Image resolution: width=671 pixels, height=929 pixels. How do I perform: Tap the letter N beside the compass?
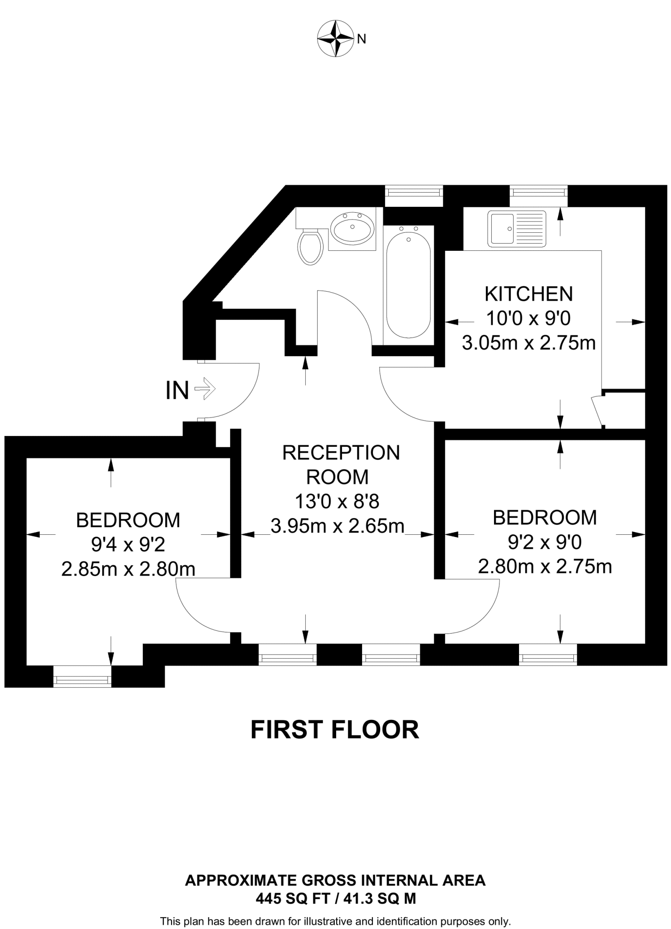362,39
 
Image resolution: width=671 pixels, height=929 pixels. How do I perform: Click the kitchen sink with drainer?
517,229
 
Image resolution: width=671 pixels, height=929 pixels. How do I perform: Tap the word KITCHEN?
529,294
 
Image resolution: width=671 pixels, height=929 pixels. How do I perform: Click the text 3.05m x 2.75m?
529,343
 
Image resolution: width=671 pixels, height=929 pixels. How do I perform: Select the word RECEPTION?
341,453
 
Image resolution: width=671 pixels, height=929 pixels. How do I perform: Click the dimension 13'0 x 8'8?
337,502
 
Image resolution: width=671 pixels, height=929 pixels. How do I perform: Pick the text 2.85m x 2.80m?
128,569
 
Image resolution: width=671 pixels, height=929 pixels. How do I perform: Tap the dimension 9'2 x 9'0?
545,542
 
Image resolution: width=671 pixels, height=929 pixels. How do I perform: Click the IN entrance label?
177,390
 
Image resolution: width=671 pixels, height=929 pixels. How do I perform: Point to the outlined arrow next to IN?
205,389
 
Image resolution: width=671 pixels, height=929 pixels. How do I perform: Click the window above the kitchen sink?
539,192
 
